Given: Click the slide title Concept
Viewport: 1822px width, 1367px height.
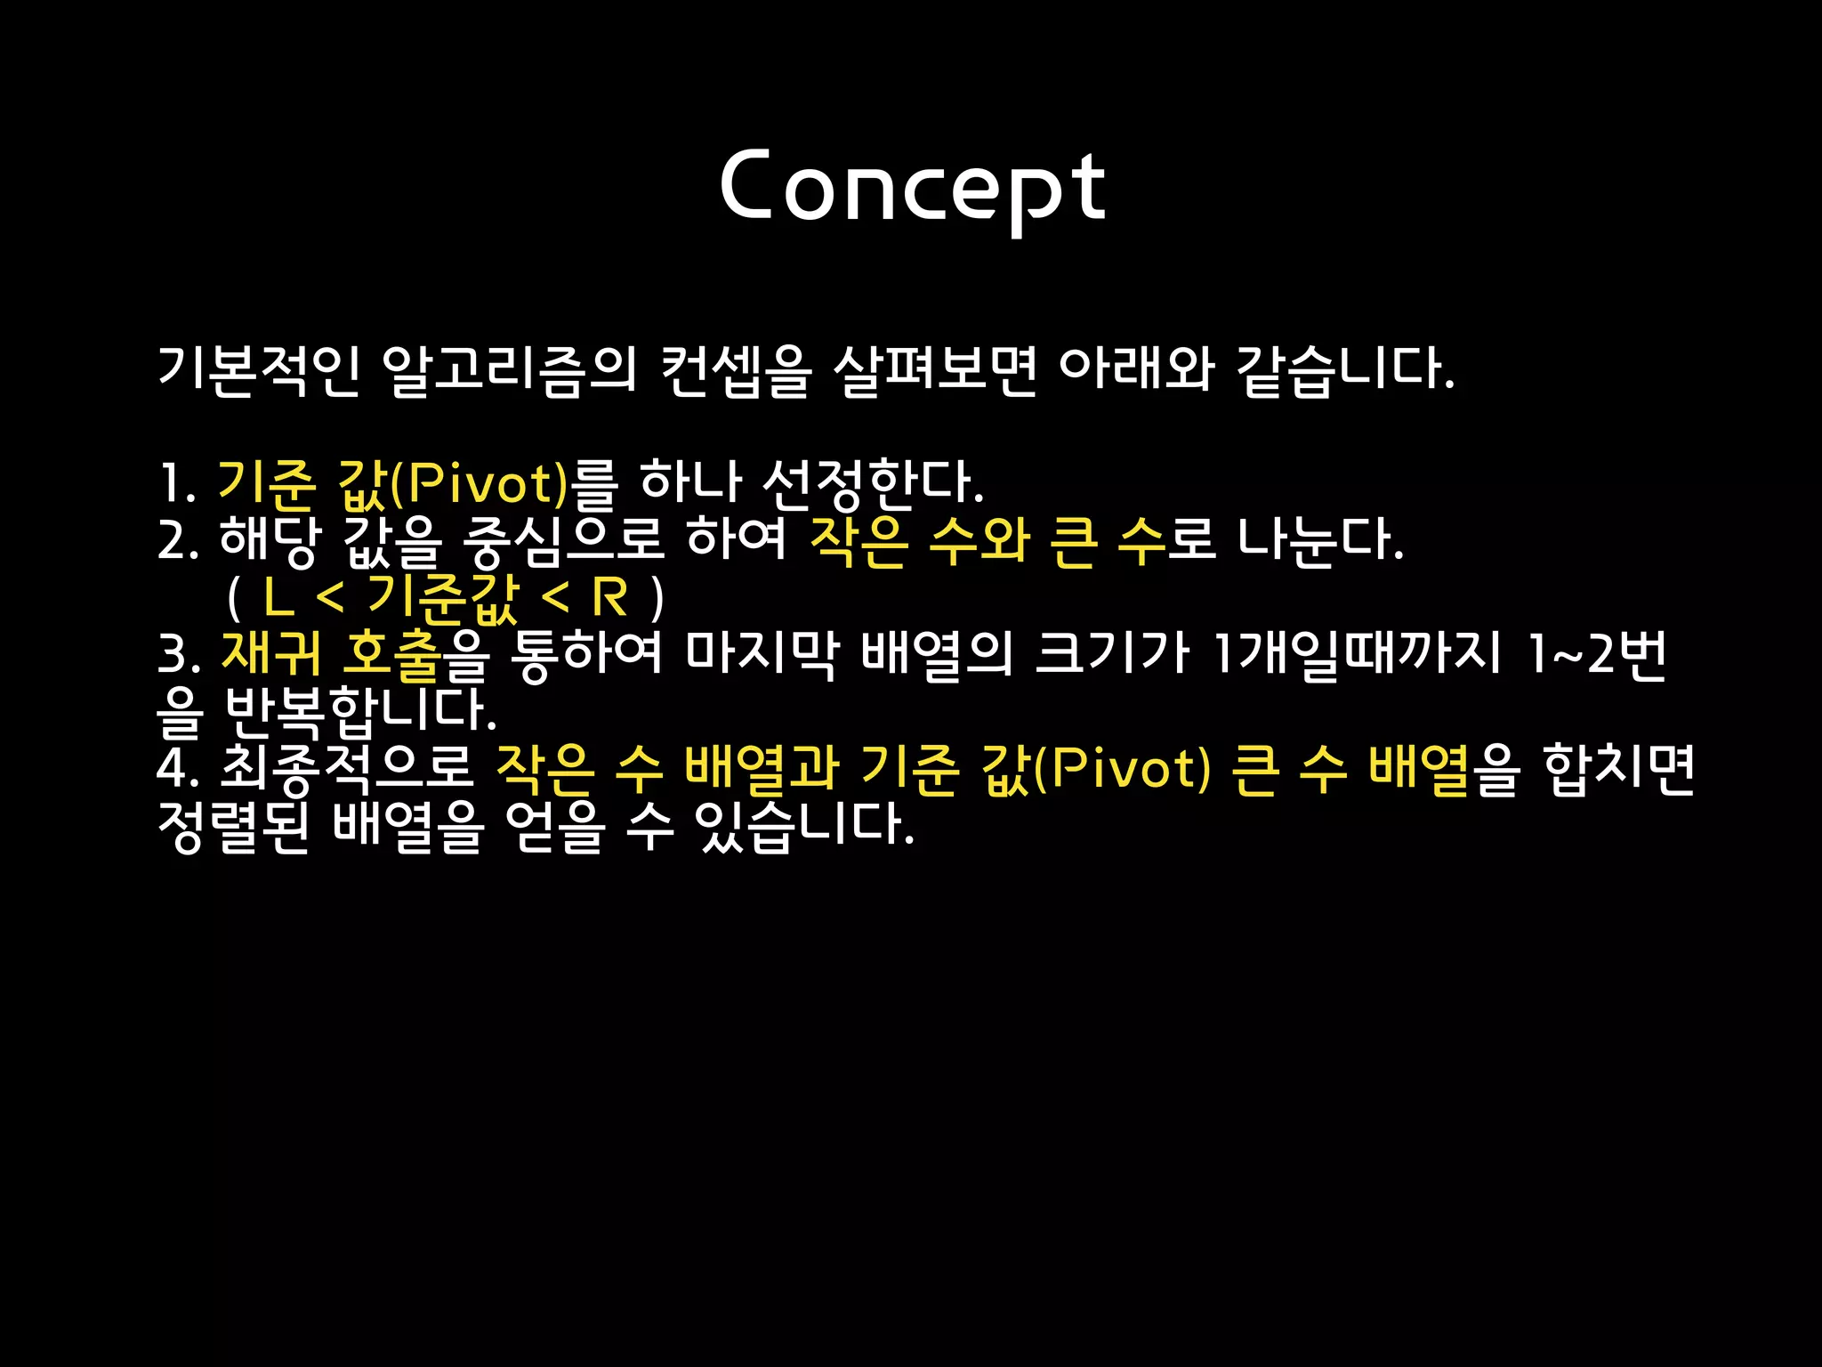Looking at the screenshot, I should tap(911, 187).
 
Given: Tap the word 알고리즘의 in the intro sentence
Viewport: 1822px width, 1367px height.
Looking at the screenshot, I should tap(508, 368).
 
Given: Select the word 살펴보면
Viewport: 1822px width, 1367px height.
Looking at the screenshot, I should tap(934, 368).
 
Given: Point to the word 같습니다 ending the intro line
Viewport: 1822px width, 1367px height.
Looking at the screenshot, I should tap(1343, 368).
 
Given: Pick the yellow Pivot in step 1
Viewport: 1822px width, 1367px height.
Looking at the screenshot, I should tap(480, 483).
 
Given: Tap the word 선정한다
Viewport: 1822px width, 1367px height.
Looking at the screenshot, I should tap(872, 483).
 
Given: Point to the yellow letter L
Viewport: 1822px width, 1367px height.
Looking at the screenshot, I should tap(278, 598).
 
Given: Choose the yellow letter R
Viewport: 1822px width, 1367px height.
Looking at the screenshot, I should tap(609, 598).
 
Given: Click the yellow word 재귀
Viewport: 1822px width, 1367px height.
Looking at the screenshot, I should tap(270, 653).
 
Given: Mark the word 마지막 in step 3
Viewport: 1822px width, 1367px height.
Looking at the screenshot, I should tap(762, 653).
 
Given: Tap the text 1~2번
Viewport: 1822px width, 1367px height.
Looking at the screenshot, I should tap(1596, 653).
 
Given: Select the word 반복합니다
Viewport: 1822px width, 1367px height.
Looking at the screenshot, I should tap(359, 710).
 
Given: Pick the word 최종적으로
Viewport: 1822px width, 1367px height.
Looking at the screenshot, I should tap(347, 768).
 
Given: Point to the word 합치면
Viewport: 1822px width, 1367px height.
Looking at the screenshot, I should tap(1619, 768).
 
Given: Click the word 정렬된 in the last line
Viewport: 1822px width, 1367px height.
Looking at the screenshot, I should tap(233, 826).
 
